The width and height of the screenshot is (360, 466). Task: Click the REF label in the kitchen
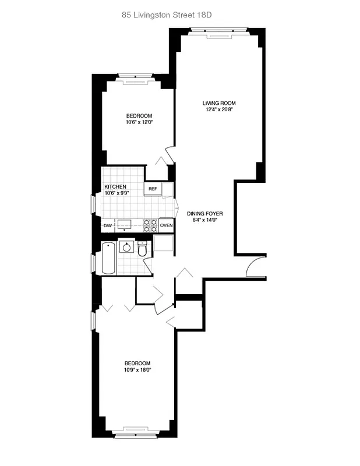153,189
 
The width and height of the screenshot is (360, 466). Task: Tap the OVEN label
167,225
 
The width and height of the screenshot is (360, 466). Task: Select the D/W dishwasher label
108,225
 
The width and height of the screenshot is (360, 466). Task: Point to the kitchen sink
124,224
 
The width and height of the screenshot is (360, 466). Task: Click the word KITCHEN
115,187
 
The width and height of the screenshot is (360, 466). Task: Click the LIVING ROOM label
219,103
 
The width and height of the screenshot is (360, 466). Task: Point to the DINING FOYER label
205,213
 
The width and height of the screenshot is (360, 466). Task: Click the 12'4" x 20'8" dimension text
219,110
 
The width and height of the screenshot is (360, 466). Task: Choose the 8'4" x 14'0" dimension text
205,221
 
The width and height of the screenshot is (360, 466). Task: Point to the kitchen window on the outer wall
93,204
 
